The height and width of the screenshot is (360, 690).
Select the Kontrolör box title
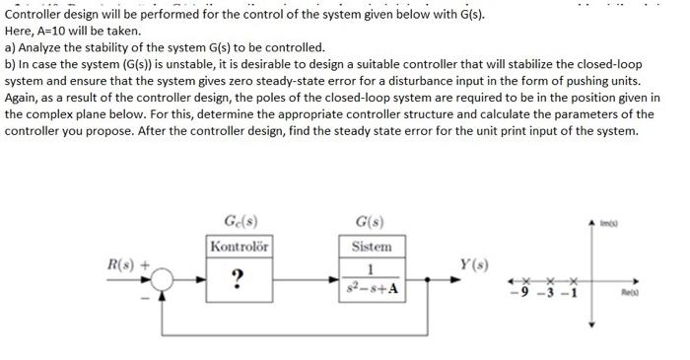pyautogui.click(x=238, y=246)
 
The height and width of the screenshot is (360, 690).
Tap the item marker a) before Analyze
pyautogui.click(x=10, y=47)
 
